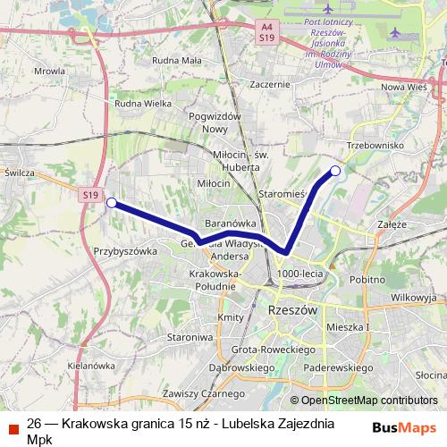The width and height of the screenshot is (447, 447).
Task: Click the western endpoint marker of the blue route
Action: point(111,203)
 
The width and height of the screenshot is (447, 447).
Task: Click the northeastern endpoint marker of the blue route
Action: point(335,171)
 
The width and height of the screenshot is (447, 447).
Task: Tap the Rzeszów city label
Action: point(292,309)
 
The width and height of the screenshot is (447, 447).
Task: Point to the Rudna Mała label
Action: point(177,61)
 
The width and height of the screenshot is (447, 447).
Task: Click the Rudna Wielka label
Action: point(143,103)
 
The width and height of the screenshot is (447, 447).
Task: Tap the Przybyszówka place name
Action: point(124,251)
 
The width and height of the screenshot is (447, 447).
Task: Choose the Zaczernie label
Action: point(271,85)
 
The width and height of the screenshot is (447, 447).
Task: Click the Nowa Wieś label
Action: point(405,87)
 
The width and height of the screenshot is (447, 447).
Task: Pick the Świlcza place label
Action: point(19,172)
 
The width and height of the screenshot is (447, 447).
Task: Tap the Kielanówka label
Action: point(92,366)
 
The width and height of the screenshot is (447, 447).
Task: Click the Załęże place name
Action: point(392,224)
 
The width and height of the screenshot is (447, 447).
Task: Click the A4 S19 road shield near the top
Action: point(266,33)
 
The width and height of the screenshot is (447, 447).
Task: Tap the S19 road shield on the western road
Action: point(89,194)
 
